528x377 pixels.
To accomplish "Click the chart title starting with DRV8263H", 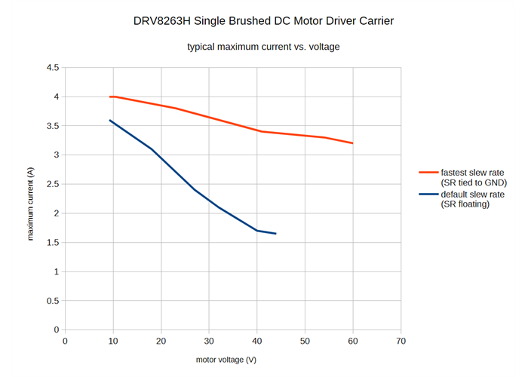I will coord(263,20).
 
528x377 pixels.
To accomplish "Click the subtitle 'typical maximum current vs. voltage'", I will coord(263,47).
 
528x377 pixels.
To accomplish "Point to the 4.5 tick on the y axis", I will coord(53,68).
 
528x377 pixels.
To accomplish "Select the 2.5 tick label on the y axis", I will coord(53,184).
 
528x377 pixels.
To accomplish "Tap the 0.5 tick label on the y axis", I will coord(53,301).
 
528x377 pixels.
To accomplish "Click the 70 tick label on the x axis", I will coord(401,341).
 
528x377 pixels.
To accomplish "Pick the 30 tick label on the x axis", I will coord(209,341).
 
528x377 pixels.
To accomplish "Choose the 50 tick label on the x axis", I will coord(305,341).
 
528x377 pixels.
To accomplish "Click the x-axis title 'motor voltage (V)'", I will coord(226,360).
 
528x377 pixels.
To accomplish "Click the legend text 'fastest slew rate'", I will coord(472,173).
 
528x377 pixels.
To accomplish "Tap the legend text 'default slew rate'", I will coord(472,194).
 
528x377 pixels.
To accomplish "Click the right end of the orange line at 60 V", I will coord(352,143).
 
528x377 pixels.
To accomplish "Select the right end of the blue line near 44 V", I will coord(275,234).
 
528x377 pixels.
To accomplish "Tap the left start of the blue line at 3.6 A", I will coord(110,121).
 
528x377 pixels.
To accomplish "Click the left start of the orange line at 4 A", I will coord(110,97).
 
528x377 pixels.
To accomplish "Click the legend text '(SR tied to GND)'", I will coord(474,183).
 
